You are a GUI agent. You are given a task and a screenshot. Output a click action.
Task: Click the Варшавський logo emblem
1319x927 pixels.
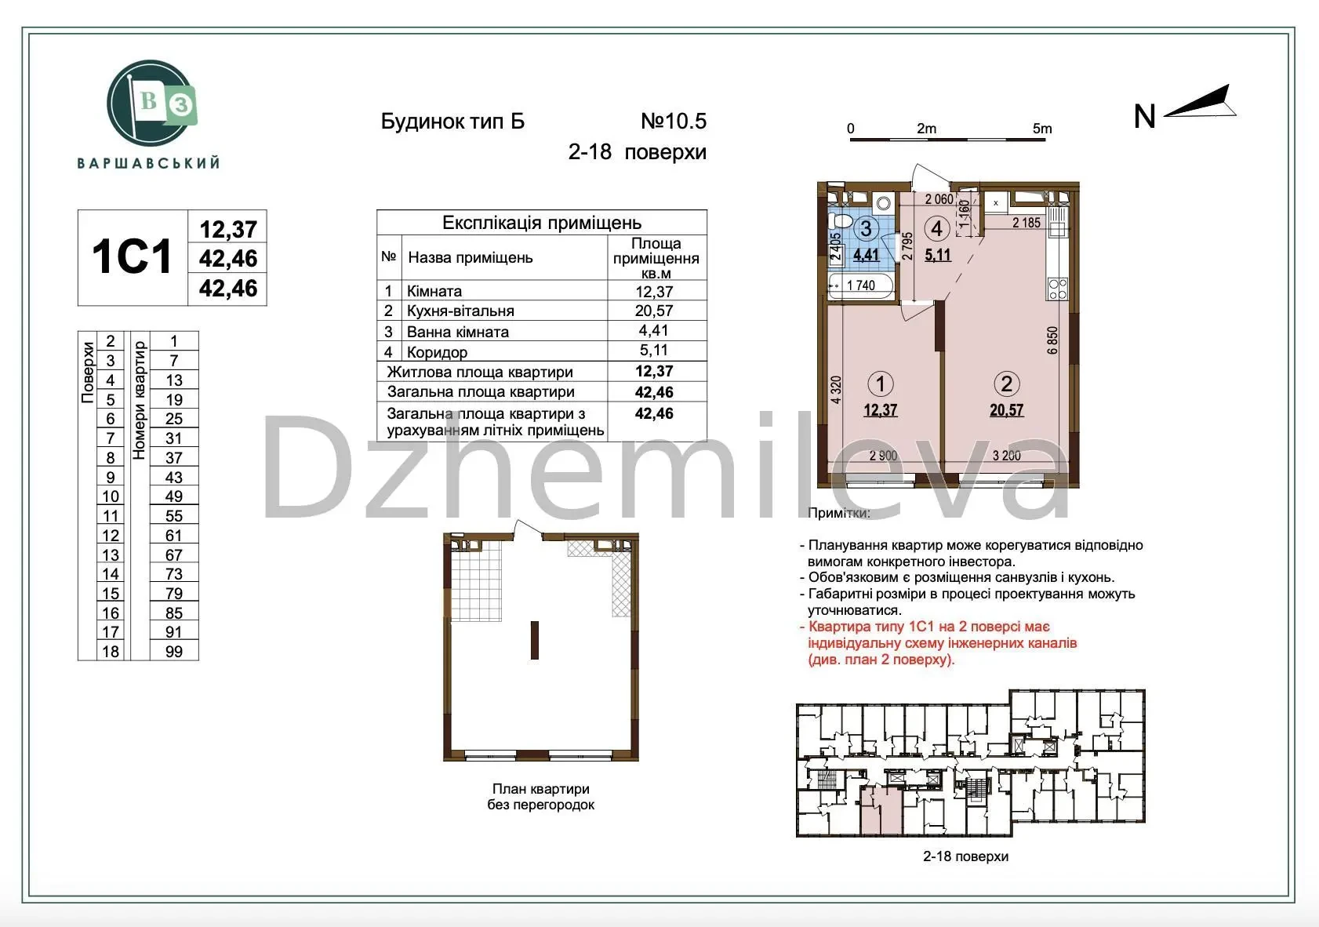(151, 104)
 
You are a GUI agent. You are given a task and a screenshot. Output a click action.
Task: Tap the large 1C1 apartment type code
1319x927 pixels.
(132, 256)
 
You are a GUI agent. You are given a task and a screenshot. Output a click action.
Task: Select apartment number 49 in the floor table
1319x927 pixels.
(174, 496)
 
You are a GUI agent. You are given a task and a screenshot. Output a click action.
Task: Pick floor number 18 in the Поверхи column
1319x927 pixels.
(111, 652)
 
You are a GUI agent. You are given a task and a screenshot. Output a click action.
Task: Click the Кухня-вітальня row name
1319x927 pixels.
(460, 311)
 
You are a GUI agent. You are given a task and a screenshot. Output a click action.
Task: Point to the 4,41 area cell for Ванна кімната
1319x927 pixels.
(653, 330)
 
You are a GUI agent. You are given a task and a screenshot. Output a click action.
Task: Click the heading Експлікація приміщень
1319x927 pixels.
(542, 223)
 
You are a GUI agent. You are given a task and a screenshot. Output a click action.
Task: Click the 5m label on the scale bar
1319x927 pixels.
(1041, 129)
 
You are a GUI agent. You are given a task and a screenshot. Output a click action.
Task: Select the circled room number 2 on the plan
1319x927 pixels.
(1006, 384)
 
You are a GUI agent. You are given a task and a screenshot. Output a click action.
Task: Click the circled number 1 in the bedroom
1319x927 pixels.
(881, 384)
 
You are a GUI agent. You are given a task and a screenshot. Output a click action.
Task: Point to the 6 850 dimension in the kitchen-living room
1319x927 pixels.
(1052, 340)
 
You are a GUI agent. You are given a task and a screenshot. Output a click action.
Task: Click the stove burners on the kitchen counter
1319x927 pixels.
(1058, 289)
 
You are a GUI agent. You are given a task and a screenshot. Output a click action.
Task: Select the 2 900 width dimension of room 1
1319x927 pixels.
(883, 455)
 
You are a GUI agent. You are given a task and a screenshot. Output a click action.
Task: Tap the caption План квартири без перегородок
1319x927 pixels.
(540, 796)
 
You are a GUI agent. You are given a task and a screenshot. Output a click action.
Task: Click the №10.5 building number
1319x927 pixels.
(674, 122)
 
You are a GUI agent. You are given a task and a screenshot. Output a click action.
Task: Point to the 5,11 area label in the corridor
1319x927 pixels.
(937, 255)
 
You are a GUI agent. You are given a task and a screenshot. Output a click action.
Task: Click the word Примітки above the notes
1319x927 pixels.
(838, 513)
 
